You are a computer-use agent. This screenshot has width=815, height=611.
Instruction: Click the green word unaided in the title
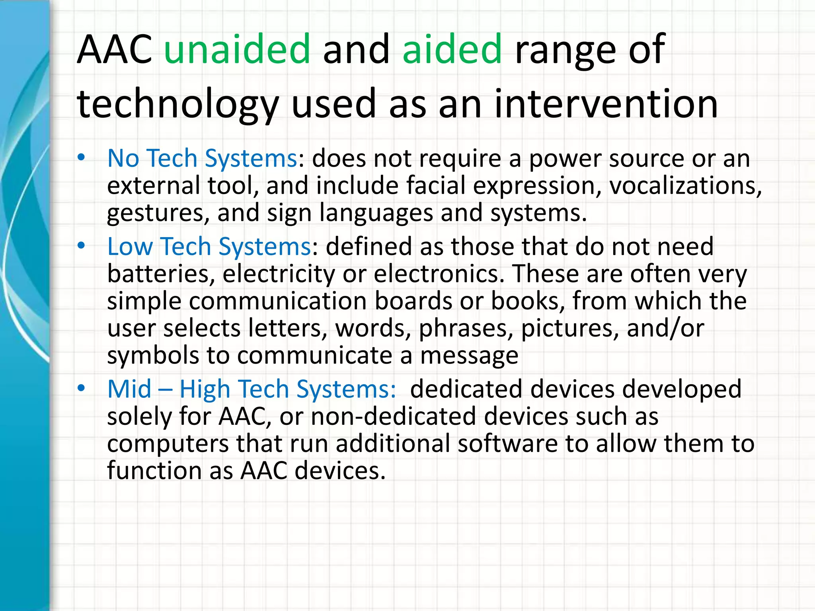click(237, 50)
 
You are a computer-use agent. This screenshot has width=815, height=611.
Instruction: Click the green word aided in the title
click(452, 50)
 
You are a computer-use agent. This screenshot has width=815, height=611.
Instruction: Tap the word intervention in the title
click(606, 104)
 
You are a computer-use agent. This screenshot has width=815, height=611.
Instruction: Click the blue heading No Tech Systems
click(202, 158)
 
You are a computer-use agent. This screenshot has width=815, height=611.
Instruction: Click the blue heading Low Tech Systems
click(209, 247)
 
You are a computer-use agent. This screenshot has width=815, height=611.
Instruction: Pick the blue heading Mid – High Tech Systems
click(251, 389)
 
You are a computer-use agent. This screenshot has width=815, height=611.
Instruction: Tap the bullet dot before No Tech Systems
click(82, 158)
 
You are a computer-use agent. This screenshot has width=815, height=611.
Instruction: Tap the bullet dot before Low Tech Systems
click(82, 246)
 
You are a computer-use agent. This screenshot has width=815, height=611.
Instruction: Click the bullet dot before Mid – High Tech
click(82, 388)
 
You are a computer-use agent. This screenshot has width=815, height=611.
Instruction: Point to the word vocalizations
click(685, 186)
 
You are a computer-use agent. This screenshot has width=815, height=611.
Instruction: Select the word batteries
click(161, 274)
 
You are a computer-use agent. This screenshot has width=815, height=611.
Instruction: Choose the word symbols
click(153, 356)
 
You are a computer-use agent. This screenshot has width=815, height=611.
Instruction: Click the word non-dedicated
click(394, 416)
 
